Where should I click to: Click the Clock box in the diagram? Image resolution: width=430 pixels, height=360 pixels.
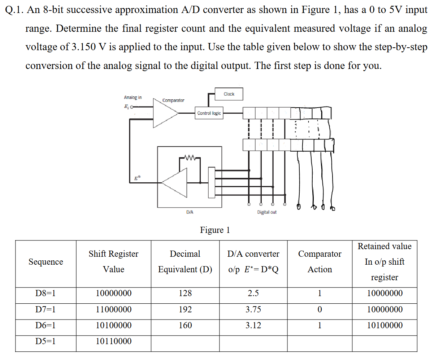tap(229, 94)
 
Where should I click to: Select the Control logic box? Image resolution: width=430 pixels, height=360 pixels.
tap(209, 113)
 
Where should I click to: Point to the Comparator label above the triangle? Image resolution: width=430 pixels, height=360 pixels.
tap(173, 100)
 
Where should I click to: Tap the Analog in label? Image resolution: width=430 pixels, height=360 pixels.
tap(133, 97)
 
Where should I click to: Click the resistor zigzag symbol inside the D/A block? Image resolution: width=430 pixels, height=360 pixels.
tap(190, 157)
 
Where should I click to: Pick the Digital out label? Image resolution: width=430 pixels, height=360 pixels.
tap(267, 212)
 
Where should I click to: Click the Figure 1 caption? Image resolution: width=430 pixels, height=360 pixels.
tap(215, 230)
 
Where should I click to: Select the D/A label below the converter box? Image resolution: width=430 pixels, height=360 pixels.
tap(190, 212)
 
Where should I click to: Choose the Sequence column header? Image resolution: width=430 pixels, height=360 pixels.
tap(45, 262)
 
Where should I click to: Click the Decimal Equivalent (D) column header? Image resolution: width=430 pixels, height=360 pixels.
tap(185, 262)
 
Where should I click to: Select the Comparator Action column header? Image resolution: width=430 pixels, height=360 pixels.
tap(320, 262)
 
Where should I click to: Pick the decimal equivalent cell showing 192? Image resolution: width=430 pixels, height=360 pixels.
tap(185, 309)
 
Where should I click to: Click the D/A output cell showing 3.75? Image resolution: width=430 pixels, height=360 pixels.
tap(253, 309)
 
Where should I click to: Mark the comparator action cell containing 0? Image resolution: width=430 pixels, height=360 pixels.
tap(320, 309)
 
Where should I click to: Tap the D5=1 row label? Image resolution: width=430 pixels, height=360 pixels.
tap(45, 341)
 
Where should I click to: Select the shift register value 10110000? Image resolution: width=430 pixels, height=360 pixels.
tap(114, 341)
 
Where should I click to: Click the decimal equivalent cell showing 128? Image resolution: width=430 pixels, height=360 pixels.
tap(185, 293)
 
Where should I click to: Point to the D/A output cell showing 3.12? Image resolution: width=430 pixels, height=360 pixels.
tap(253, 325)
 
